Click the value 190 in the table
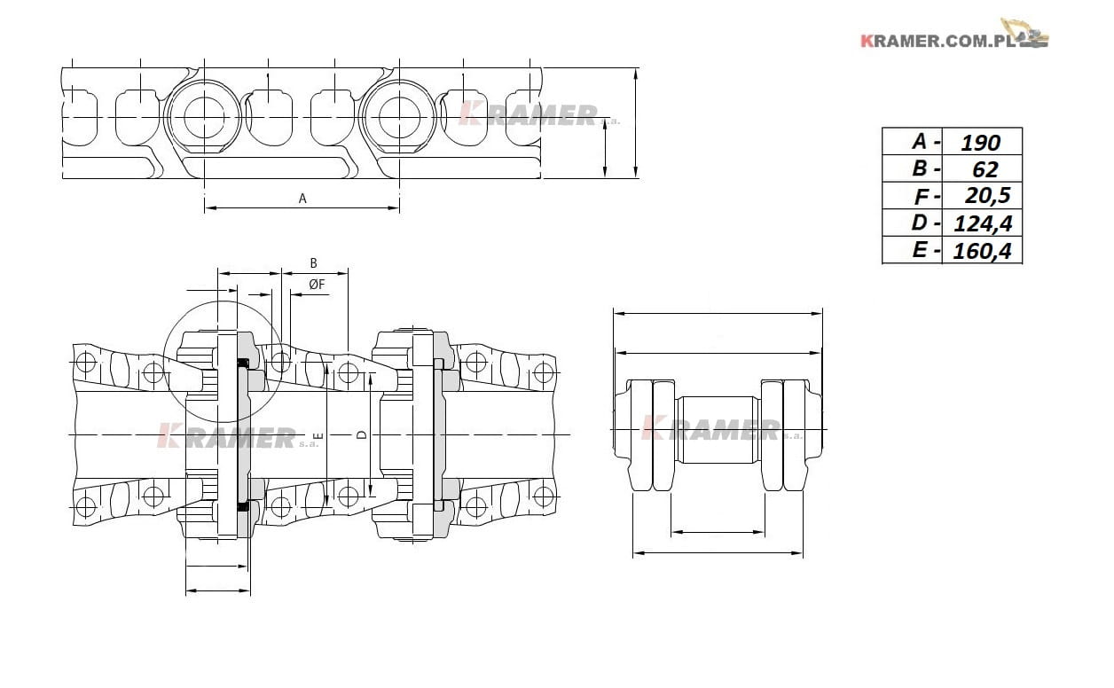click(x=980, y=143)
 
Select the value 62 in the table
click(x=985, y=169)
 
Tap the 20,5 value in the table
click(x=988, y=196)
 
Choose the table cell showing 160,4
click(x=982, y=251)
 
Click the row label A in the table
click(x=920, y=142)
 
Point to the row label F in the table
click(x=921, y=197)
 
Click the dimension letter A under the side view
click(x=302, y=199)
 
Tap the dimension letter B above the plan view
click(x=313, y=263)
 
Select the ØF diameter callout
click(x=317, y=285)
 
